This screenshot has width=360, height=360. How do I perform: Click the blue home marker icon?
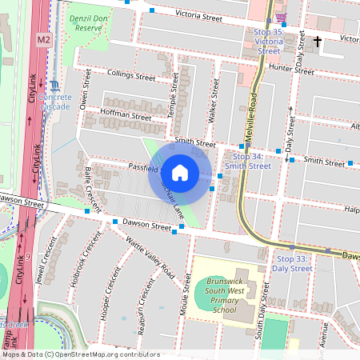click(x=180, y=172)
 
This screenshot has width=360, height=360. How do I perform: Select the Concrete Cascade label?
click(x=54, y=102)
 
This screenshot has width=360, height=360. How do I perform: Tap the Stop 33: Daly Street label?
click(x=294, y=263)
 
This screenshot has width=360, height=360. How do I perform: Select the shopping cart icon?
click(x=280, y=18)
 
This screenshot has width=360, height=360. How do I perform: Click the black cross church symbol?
click(x=318, y=41)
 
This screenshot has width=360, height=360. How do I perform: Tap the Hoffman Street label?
click(x=126, y=115)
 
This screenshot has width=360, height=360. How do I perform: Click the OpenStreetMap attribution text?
click(x=81, y=354)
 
